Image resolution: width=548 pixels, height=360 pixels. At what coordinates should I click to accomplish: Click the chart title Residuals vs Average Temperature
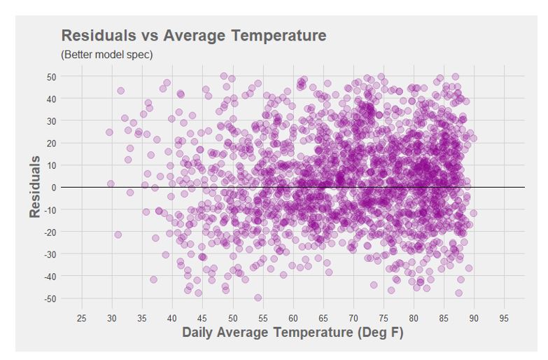194,35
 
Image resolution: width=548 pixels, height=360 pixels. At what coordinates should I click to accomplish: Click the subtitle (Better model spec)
106,54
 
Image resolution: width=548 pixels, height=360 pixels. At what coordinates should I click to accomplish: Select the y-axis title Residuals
36,187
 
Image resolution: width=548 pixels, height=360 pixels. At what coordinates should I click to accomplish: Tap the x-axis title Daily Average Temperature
293,332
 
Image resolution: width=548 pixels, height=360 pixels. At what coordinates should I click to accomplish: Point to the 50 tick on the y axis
52,76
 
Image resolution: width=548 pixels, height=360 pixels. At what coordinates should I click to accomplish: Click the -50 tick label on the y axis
50,298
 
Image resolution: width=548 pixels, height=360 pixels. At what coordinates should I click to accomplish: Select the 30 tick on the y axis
52,120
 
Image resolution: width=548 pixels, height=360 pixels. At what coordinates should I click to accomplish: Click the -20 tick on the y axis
50,232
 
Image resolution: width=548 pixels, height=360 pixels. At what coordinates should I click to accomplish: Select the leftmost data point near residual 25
109,132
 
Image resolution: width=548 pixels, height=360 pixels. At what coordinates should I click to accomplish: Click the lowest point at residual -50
258,298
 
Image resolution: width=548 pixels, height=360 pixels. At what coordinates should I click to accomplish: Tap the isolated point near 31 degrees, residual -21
118,235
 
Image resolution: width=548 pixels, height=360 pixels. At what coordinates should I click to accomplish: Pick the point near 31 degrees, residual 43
120,91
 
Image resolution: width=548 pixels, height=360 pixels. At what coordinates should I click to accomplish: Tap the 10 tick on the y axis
52,165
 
